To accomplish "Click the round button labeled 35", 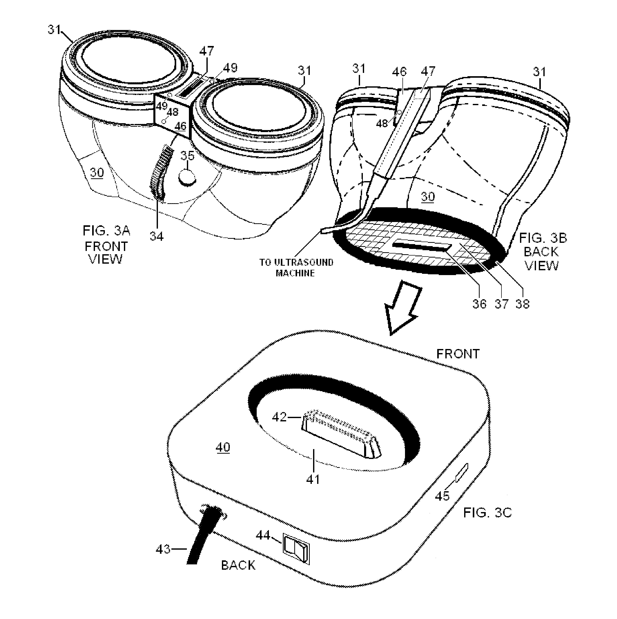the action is tap(187, 177).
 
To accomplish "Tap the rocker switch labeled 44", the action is tap(296, 550).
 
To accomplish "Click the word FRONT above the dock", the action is tap(458, 354).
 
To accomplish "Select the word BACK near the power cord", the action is tap(238, 574).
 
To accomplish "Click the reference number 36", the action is tap(479, 304).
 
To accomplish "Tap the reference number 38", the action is tap(523, 304).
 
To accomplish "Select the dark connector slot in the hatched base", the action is tap(422, 246).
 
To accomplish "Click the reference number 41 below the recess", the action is tap(313, 479).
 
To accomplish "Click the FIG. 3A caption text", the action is tap(106, 244).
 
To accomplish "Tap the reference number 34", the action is tap(157, 236).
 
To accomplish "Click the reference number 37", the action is tap(501, 304).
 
